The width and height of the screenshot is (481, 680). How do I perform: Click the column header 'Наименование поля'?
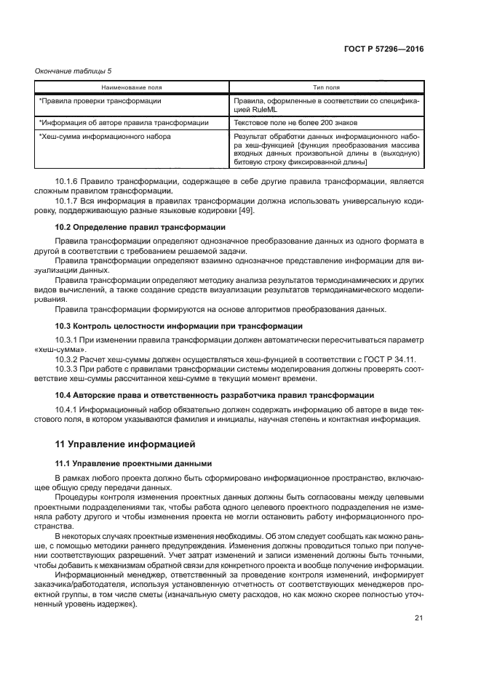[x=132, y=87]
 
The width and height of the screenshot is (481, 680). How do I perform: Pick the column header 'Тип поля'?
[x=325, y=87]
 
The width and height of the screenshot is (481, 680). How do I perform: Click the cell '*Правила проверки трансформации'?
[x=100, y=101]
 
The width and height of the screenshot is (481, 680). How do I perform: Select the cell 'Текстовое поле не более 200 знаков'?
[x=293, y=123]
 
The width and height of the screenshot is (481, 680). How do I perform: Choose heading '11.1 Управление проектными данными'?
[x=133, y=463]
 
